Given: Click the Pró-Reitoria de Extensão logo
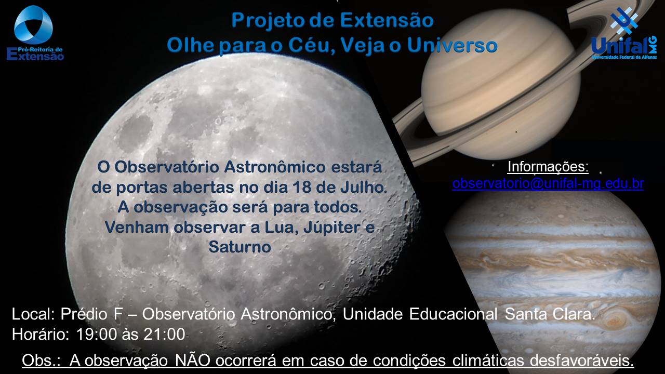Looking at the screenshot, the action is [x=35, y=33].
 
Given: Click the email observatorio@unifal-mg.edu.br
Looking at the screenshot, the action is [x=548, y=183].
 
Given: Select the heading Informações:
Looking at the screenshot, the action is [x=548, y=167].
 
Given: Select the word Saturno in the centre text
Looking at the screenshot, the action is [x=240, y=247].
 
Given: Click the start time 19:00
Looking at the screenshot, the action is [x=97, y=334].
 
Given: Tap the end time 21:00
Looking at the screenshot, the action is [x=164, y=334].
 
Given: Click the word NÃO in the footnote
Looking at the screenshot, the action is [x=193, y=360].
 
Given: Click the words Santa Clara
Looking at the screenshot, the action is [x=550, y=314].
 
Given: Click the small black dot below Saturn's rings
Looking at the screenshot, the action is [x=516, y=132].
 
